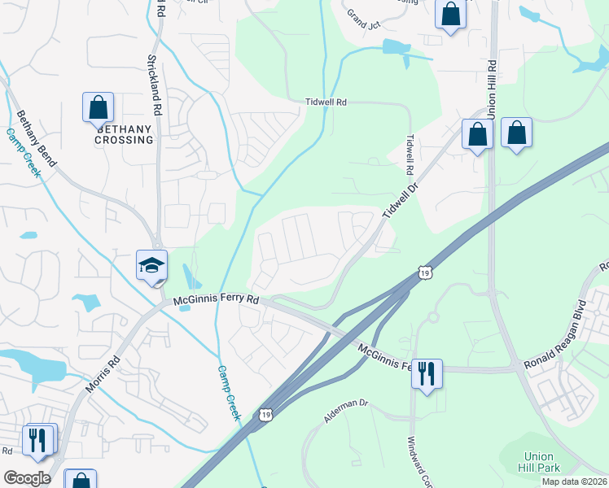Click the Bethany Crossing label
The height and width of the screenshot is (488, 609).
(125, 134)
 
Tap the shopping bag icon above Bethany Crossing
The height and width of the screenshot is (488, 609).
(98, 107)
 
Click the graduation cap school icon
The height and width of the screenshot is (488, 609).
(151, 265)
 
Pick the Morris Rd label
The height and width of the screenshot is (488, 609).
(103, 373)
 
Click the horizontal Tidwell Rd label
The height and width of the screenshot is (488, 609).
(326, 102)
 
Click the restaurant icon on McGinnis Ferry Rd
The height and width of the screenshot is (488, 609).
(426, 374)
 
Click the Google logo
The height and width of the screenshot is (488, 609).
(27, 478)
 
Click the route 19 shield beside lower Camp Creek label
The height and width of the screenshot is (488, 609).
(266, 415)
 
